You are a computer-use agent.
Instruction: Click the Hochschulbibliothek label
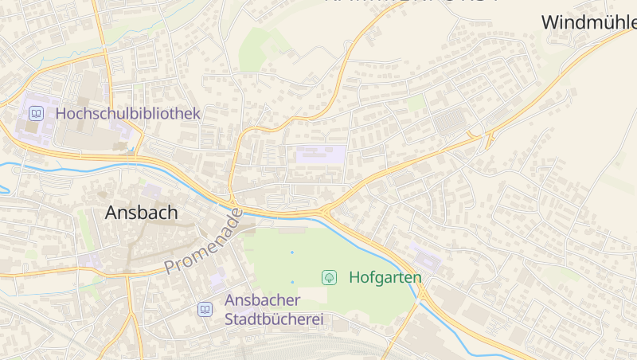(127, 114)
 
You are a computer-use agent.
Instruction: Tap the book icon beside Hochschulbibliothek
(35, 114)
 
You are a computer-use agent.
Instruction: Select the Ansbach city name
(142, 213)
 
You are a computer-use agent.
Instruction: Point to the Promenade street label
(202, 242)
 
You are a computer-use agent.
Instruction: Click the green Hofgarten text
(385, 277)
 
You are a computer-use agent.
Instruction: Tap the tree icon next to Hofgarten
(328, 277)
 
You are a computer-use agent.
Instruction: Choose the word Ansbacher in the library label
(263, 300)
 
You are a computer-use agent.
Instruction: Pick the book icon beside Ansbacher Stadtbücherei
(205, 309)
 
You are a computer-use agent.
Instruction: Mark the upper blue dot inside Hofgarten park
(292, 252)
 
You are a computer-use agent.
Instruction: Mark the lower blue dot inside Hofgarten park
(292, 282)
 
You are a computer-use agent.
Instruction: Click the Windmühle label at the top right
(588, 22)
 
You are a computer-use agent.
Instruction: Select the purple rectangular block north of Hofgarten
(321, 155)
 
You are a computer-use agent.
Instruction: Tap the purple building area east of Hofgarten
(426, 256)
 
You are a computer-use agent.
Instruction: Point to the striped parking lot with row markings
(449, 123)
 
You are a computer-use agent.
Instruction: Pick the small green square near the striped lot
(415, 104)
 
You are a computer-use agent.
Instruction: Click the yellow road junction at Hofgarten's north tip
(327, 211)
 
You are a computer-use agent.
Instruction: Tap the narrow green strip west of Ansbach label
(83, 228)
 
